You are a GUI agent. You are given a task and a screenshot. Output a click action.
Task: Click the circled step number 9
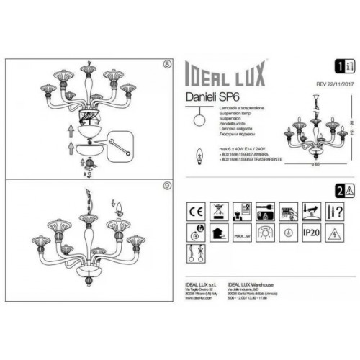(168, 186)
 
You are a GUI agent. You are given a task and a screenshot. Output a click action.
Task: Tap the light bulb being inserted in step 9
(118, 209)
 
